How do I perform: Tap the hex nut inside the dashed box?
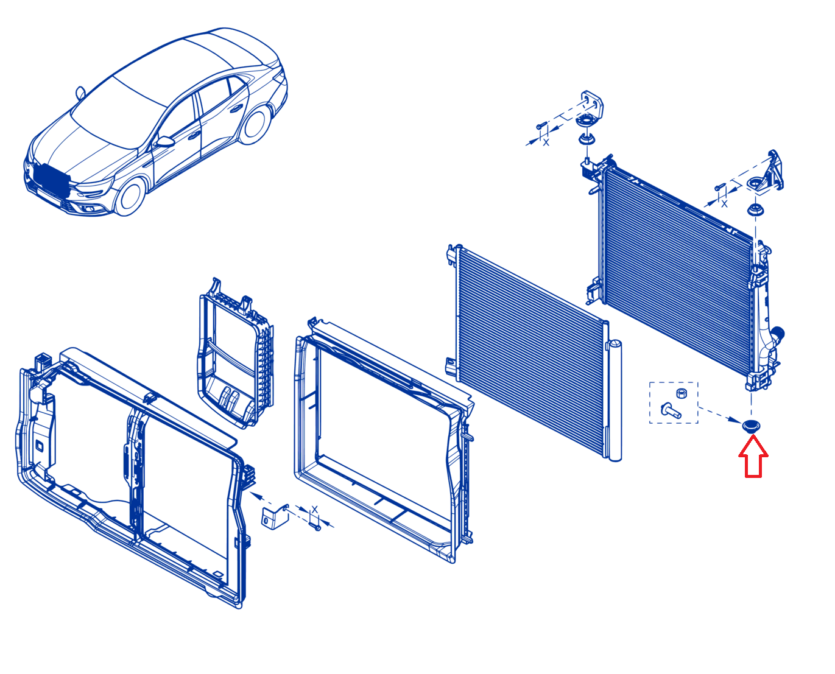click(x=681, y=393)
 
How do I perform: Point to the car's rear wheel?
click(x=255, y=124)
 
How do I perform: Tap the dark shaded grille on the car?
click(x=52, y=181)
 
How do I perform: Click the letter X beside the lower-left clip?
click(x=314, y=510)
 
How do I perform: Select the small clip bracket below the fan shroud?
click(x=275, y=517)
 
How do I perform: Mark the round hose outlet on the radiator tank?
click(x=777, y=334)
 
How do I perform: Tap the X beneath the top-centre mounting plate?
click(x=546, y=142)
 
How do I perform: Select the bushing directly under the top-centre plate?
click(x=587, y=138)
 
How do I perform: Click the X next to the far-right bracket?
click(x=724, y=204)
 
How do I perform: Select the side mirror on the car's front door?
click(x=164, y=141)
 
